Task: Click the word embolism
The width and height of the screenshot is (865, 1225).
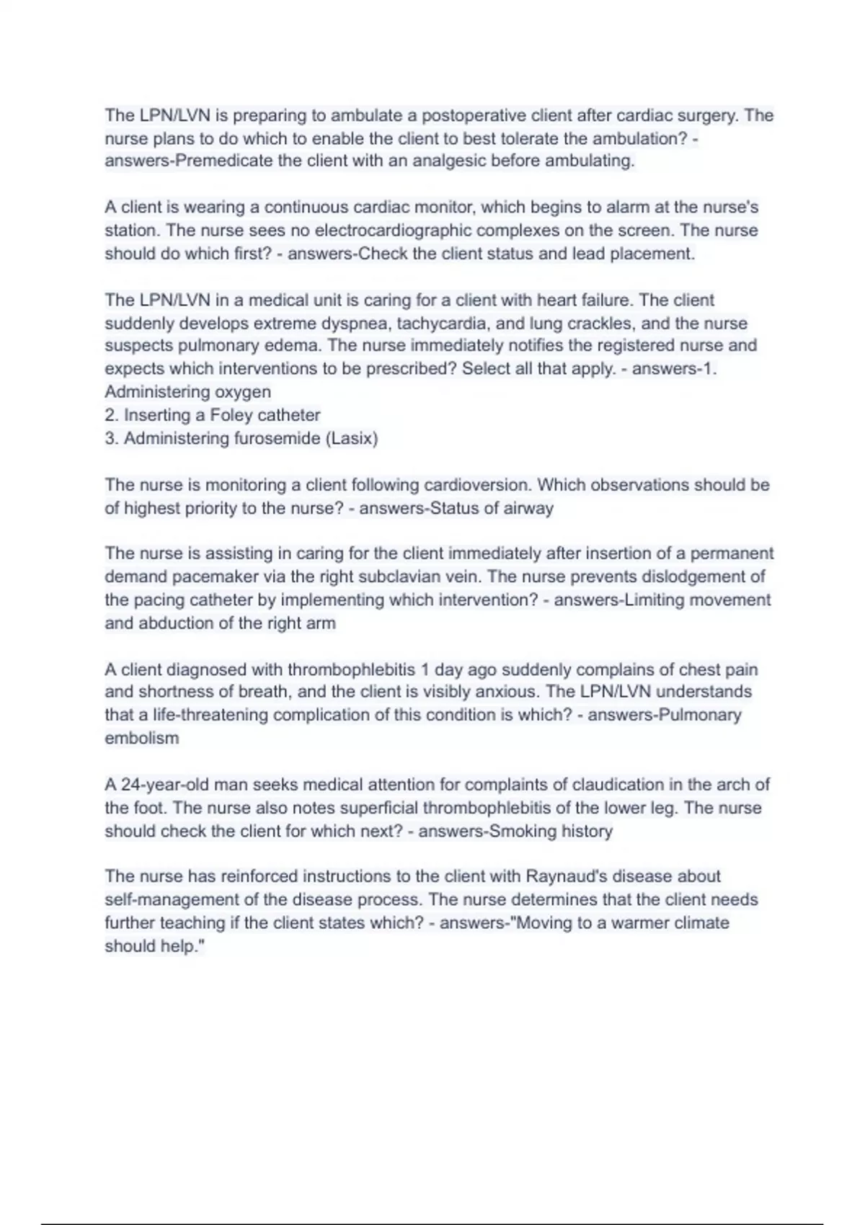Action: [141, 738]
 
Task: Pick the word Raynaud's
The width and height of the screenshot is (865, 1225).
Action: [572, 876]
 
